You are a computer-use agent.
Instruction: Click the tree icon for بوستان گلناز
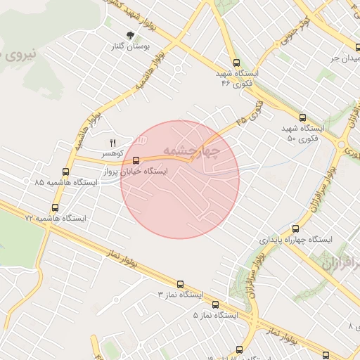pos(130,35)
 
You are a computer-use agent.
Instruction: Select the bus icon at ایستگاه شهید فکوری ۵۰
pos(303,118)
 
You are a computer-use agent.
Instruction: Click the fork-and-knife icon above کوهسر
pos(112,143)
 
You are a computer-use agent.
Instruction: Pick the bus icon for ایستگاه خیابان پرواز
pos(136,160)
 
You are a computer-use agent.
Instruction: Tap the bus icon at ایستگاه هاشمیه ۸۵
pos(65,172)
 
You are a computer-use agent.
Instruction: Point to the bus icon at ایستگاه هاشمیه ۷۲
pos(56,207)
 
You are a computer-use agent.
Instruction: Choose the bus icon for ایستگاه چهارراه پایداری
pos(295,229)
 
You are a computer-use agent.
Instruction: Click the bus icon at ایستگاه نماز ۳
pos(180,285)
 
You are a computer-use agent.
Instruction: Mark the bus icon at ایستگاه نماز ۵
pos(215,305)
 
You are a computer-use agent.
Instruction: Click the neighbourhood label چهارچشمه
pos(191,150)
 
